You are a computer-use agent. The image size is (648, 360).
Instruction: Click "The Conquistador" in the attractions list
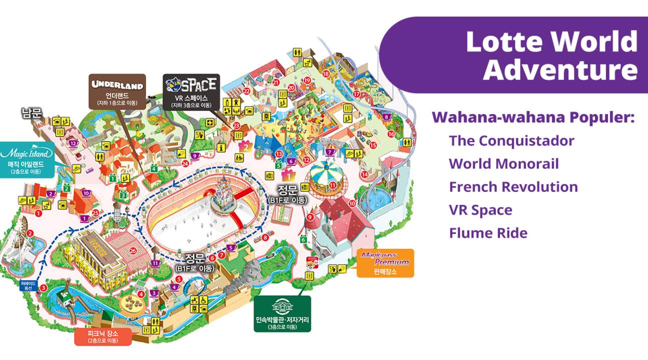point(511,140)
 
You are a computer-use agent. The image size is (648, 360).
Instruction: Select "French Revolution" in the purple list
point(513,187)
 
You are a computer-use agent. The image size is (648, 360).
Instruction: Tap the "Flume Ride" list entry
point(488,233)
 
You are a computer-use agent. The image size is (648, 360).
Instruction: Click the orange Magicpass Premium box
point(385,262)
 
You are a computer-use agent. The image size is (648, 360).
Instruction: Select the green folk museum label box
point(282,313)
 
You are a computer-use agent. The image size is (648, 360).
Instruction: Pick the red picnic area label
point(103,336)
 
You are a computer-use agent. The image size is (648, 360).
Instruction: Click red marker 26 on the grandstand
point(133,251)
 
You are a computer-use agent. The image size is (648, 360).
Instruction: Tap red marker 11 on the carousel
point(333,185)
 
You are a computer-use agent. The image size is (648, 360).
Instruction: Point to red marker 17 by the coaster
point(356,94)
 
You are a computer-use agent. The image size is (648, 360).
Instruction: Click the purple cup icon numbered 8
point(386,117)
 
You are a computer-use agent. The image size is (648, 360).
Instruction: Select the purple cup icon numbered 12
point(73,143)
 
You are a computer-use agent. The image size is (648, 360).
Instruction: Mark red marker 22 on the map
point(247,91)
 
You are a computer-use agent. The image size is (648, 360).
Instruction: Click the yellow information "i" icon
point(221,147)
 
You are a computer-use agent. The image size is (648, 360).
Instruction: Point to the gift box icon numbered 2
point(245,146)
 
